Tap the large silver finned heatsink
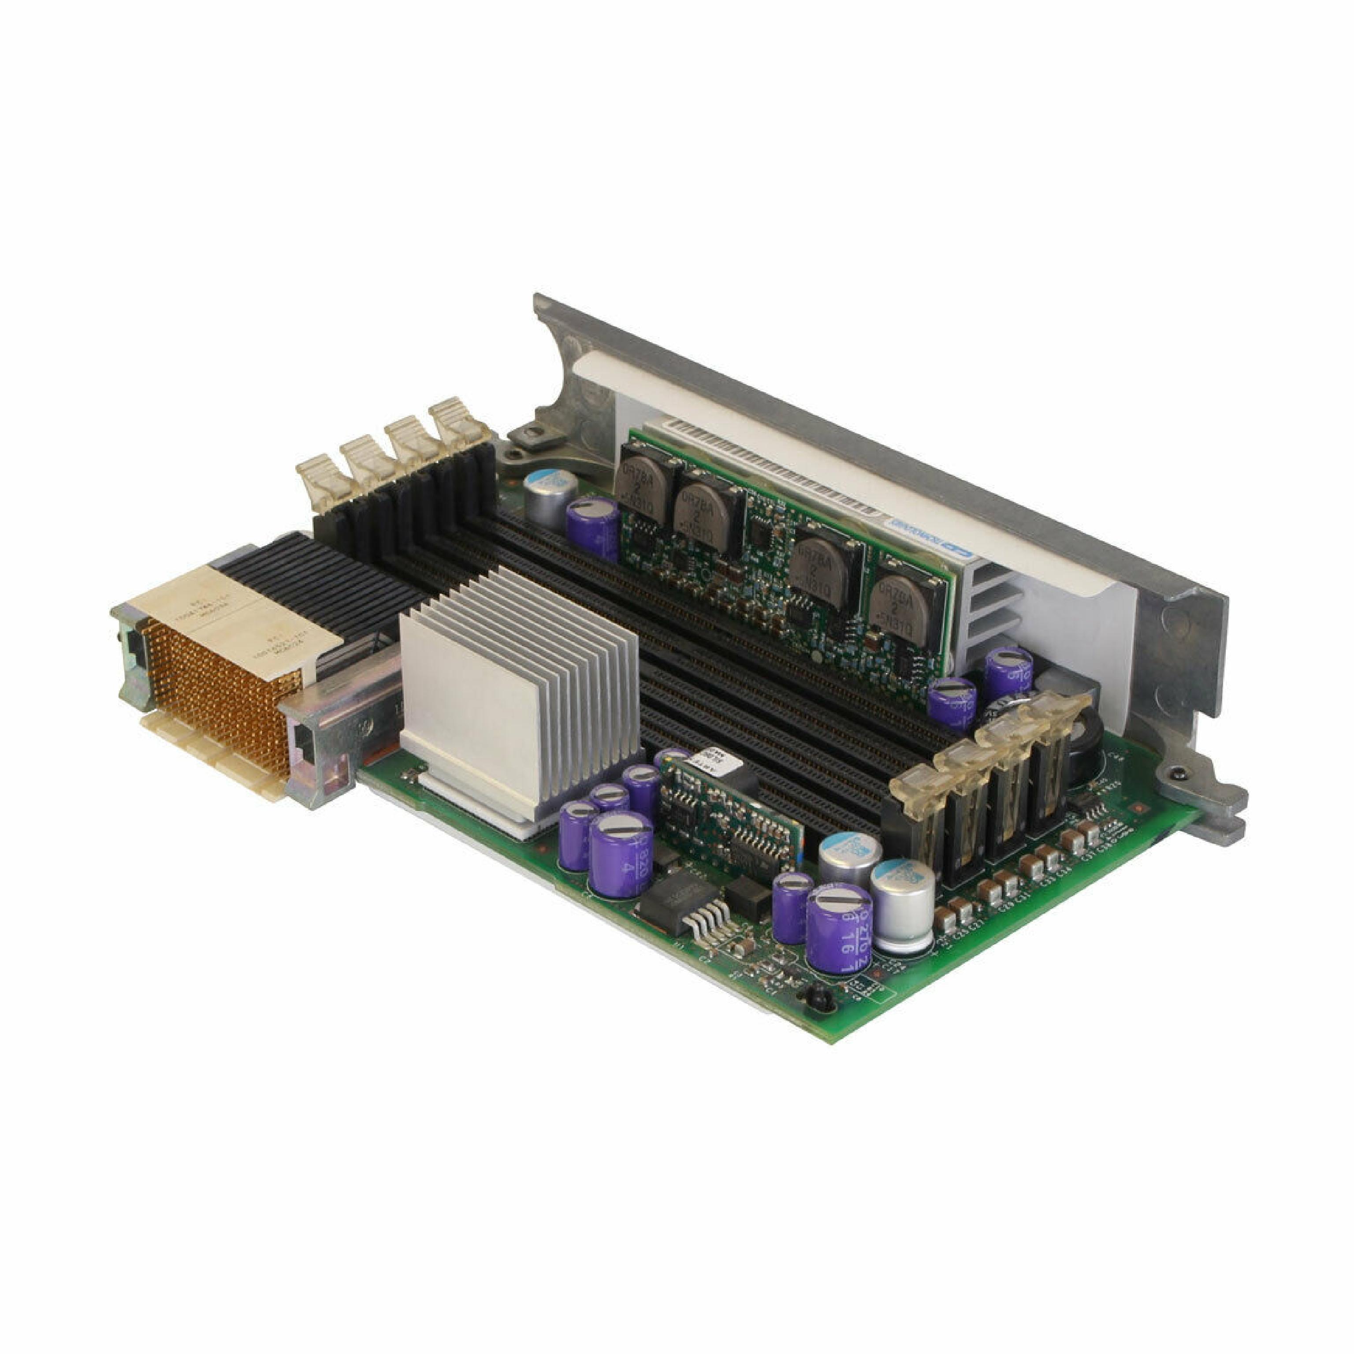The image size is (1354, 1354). pyautogui.click(x=519, y=694)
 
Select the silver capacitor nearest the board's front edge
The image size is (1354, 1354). pyautogui.click(x=904, y=904)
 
